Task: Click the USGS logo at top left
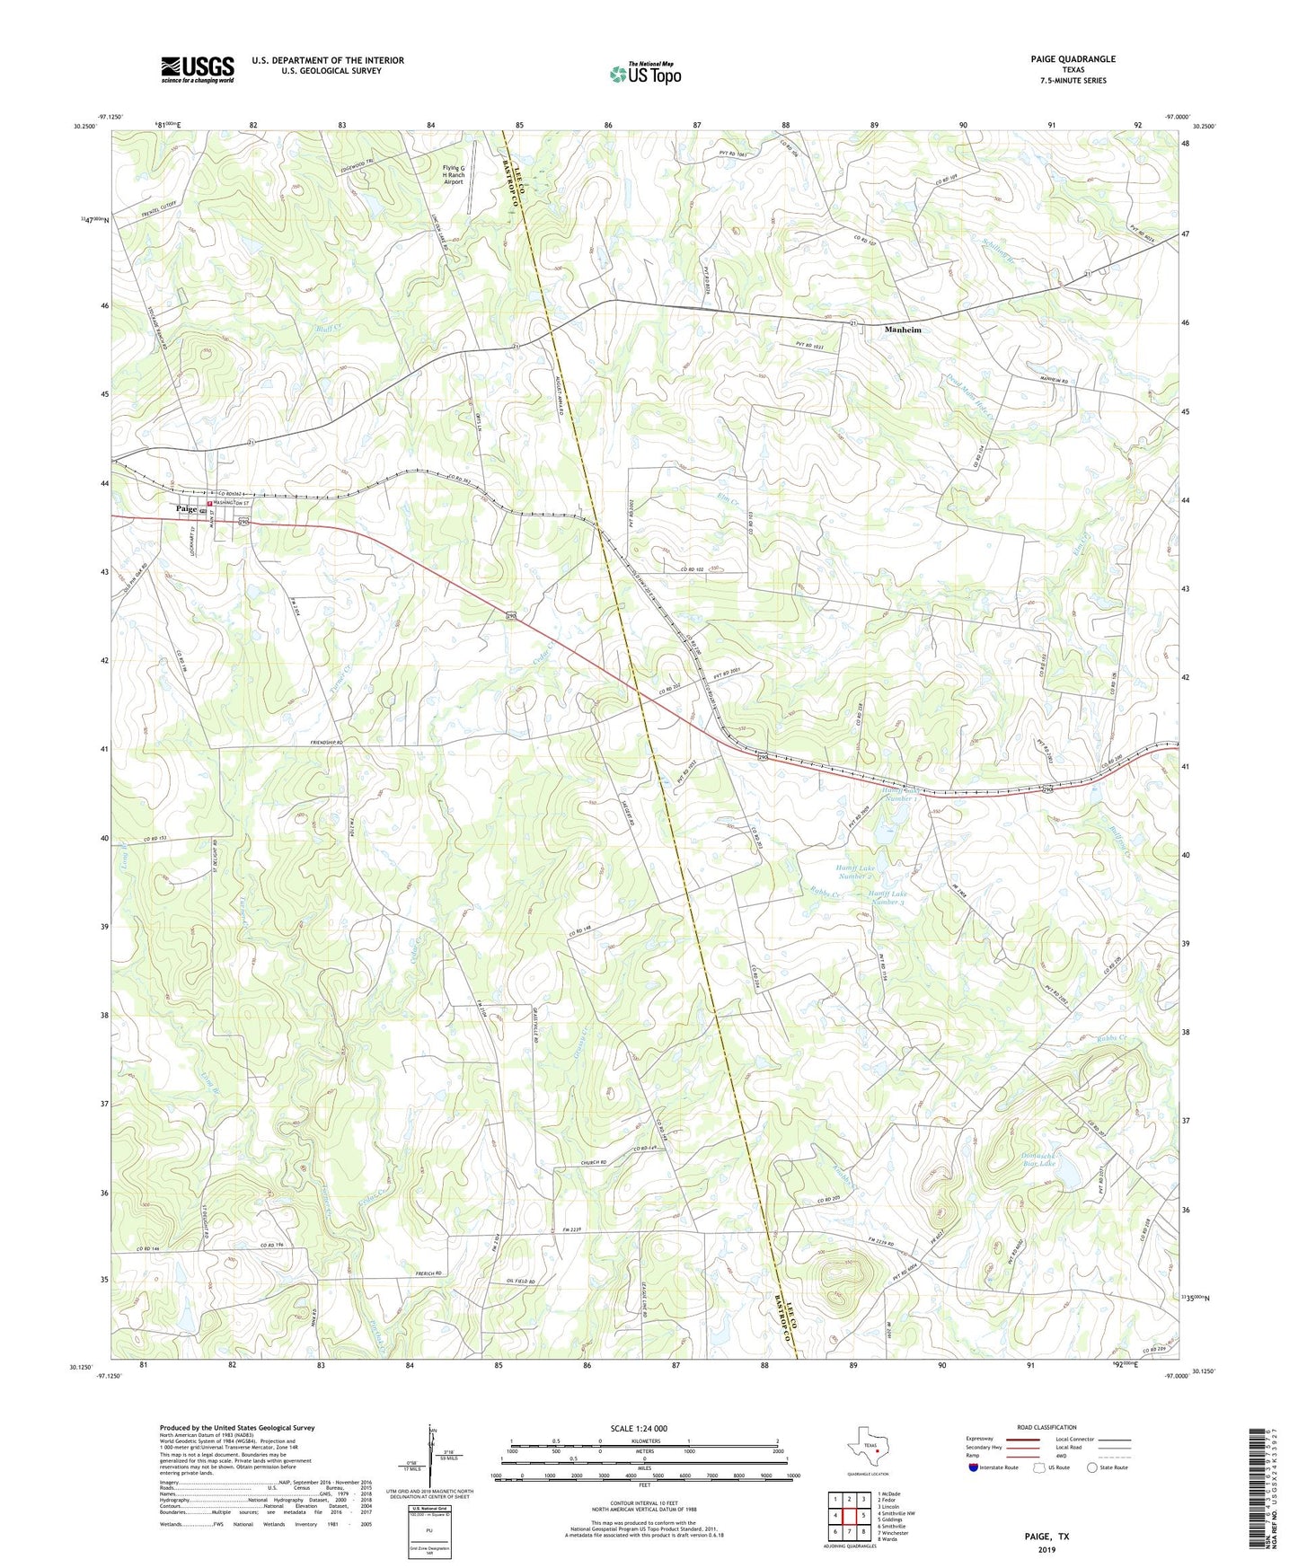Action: click(198, 68)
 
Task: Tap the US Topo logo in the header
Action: click(645, 74)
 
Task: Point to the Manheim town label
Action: click(903, 330)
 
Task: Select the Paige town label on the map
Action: click(186, 508)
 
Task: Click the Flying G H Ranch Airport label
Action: click(454, 174)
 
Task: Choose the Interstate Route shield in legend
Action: click(975, 1467)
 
